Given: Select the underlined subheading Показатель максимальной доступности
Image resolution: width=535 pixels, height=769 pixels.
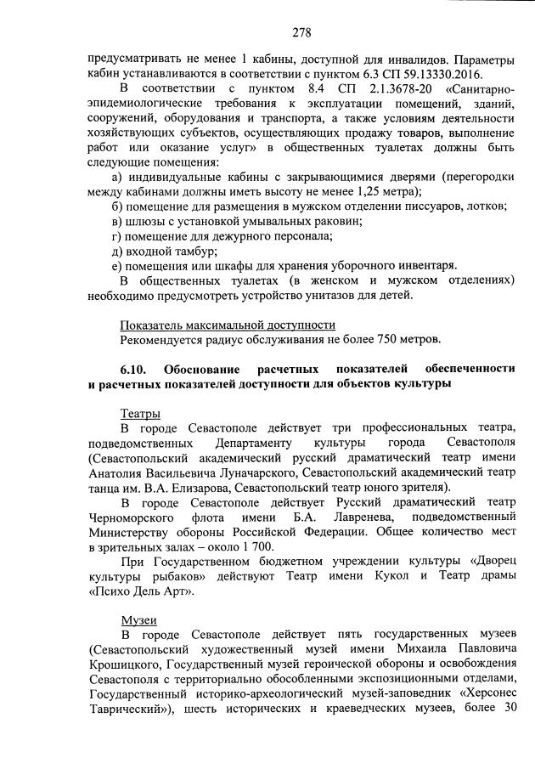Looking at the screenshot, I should (228, 325).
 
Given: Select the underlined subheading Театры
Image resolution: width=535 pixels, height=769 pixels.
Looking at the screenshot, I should (141, 412).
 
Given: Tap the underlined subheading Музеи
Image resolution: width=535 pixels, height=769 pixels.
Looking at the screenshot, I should (138, 621).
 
